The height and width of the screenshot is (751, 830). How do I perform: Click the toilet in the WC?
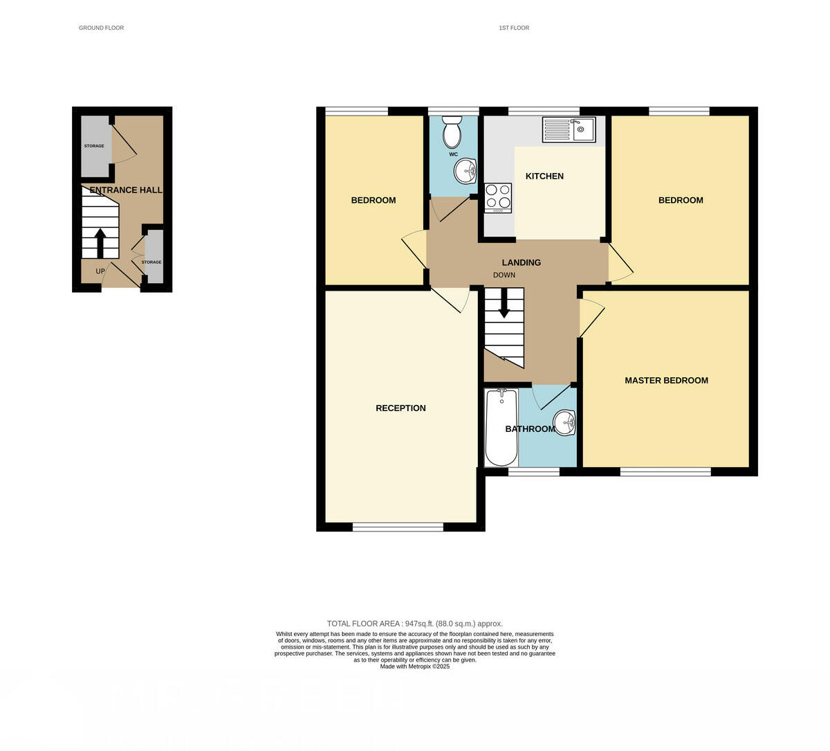[x=452, y=132]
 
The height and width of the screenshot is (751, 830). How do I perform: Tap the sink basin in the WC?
[x=466, y=170]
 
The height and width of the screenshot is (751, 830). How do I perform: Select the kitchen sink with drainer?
[x=569, y=129]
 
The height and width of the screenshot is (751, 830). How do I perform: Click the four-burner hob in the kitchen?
[x=498, y=197]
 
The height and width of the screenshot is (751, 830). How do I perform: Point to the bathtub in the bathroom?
[x=501, y=428]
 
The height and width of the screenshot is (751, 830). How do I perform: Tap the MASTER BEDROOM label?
[x=666, y=381]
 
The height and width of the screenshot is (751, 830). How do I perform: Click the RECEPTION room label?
[x=400, y=408]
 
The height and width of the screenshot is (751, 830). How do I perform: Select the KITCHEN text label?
[x=544, y=177]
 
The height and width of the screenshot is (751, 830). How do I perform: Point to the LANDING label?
[x=521, y=263]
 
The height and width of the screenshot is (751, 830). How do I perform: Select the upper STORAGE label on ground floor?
[x=94, y=146]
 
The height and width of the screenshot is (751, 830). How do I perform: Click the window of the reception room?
[x=398, y=527]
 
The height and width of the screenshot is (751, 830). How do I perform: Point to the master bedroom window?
[x=665, y=472]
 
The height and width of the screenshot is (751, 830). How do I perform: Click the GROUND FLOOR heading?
[x=101, y=28]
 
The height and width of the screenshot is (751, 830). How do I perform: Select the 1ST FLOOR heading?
[x=514, y=28]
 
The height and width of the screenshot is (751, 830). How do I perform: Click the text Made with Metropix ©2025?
[x=415, y=667]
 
